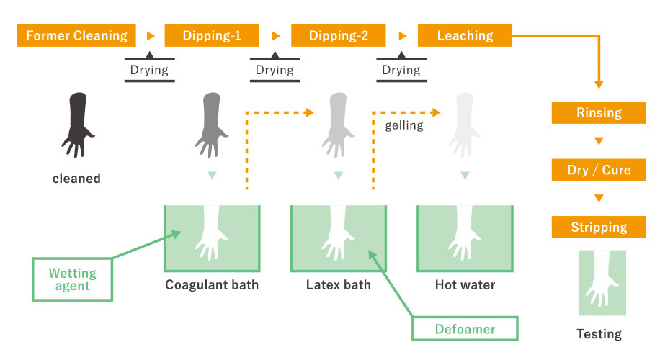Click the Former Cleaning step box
click(x=76, y=35)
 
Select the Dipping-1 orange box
click(x=212, y=35)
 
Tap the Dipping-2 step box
click(x=339, y=35)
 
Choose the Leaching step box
click(x=465, y=35)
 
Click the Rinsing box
click(x=599, y=112)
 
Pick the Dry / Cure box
click(x=599, y=170)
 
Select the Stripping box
click(x=599, y=228)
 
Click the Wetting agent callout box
click(x=72, y=279)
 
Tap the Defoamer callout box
click(x=464, y=329)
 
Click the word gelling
click(x=404, y=125)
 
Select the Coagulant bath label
click(x=212, y=284)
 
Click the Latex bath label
click(x=338, y=284)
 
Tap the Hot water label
click(x=465, y=284)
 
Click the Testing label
click(x=599, y=333)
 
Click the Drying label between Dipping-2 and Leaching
click(x=401, y=70)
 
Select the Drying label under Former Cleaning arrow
click(x=149, y=70)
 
